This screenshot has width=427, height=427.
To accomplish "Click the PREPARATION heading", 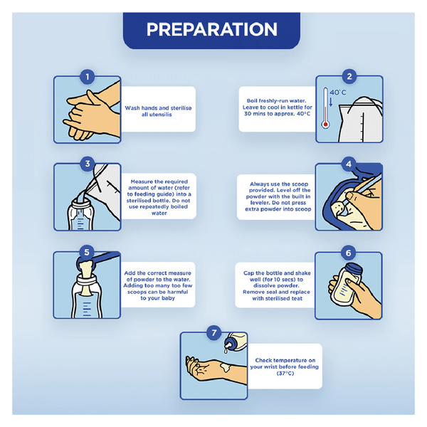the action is click(212, 29).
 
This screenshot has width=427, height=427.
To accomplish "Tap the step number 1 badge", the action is click(87, 77).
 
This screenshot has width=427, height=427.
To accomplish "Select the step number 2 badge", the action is click(349, 77).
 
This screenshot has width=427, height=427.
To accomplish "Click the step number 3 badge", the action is click(87, 164).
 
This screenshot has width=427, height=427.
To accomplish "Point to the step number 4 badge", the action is click(349, 164).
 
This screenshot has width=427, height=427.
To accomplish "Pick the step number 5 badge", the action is click(87, 252).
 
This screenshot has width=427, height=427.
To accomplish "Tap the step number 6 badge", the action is click(348, 253).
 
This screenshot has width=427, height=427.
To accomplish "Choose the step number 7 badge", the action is click(214, 332).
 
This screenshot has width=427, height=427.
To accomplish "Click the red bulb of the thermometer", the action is click(325, 125).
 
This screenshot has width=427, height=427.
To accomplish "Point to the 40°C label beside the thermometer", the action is click(338, 93).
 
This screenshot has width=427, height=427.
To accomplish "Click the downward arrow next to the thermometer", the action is click(331, 102).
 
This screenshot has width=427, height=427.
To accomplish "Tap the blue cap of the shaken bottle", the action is click(354, 269).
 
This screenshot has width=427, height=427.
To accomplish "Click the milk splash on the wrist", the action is click(226, 367).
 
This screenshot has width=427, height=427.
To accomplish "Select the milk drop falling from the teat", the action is click(226, 351).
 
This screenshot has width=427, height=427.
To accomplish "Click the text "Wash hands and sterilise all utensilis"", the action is click(158, 111).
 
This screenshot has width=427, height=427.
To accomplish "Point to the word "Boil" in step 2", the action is click(252, 100).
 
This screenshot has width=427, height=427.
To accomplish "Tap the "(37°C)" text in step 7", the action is click(285, 373).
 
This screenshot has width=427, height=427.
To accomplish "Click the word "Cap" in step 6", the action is click(249, 273).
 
